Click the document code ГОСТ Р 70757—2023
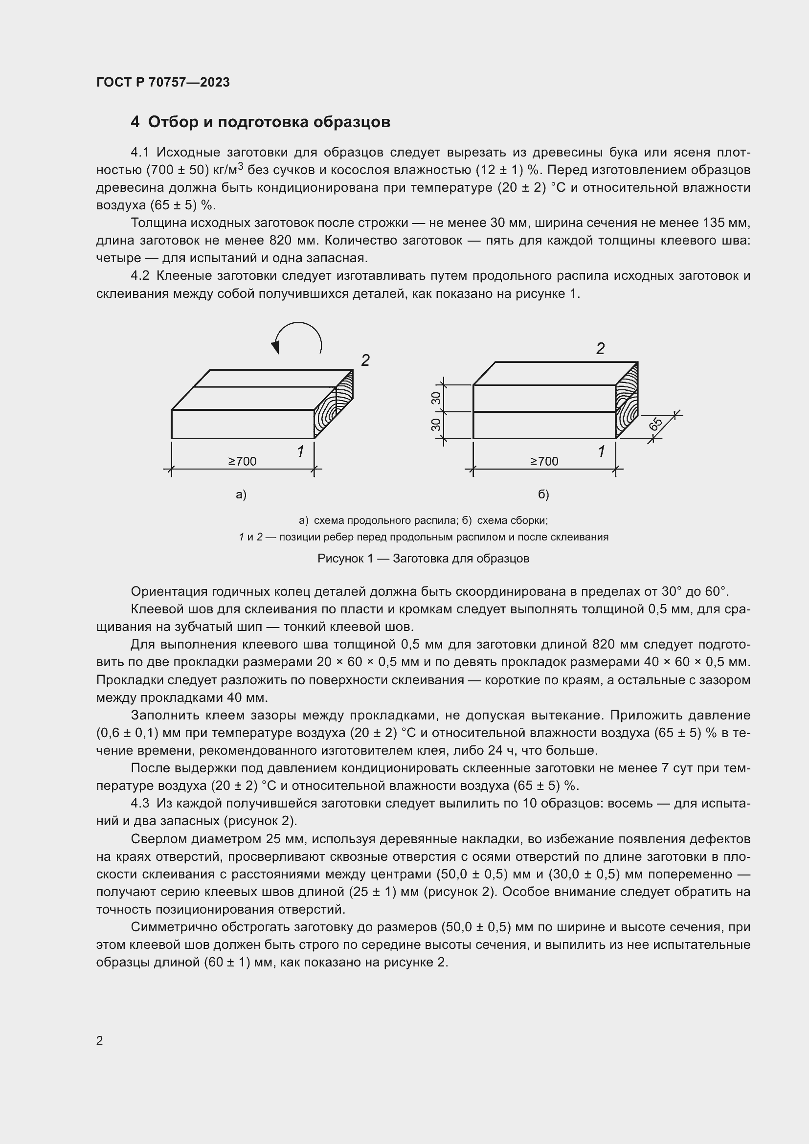click(x=163, y=82)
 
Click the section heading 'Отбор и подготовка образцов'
click(x=269, y=122)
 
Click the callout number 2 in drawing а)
click(x=365, y=360)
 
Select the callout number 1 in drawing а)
click(x=300, y=451)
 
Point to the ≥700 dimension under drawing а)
click(x=242, y=461)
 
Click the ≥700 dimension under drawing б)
click(x=544, y=461)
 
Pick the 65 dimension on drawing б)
click(x=655, y=424)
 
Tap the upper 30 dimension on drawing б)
click(x=436, y=398)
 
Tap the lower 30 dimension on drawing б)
click(x=436, y=425)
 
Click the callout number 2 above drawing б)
click(x=600, y=349)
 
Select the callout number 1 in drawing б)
click(x=601, y=451)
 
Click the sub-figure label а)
click(x=241, y=494)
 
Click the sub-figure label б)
click(x=543, y=494)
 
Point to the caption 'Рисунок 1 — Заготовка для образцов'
click(x=423, y=559)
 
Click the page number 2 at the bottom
click(x=100, y=1041)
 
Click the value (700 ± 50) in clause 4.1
click(x=177, y=170)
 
